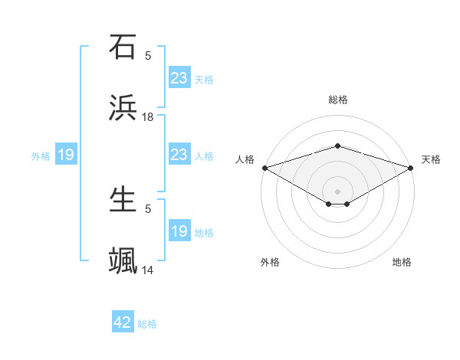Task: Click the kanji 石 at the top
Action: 123,47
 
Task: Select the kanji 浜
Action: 123,106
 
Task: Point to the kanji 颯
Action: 123,260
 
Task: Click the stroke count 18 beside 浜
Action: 148,116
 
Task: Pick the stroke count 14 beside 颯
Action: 148,270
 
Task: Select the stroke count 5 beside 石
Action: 148,55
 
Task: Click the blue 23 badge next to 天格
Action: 179,77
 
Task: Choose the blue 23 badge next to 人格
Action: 179,155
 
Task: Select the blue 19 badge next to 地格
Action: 179,231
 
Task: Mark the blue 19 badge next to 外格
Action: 66,155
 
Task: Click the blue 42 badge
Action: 123,322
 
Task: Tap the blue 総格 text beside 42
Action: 147,324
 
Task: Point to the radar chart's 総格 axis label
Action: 338,100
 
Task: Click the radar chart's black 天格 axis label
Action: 431,159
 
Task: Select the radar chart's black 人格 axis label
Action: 245,159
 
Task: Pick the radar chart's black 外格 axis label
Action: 270,262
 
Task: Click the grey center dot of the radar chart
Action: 337,191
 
